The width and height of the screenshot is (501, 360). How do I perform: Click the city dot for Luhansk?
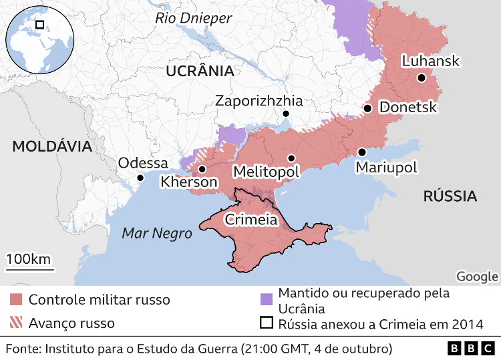(x=422, y=78)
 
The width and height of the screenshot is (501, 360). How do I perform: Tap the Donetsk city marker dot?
(x=367, y=108)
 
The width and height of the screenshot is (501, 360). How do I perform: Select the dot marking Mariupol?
(x=361, y=152)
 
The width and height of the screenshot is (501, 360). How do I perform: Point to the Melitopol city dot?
(x=291, y=158)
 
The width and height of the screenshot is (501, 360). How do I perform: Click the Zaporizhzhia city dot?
(x=285, y=115)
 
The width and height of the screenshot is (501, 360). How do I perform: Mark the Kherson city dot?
(x=202, y=169)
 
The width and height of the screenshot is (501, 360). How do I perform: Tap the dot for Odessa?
(x=140, y=178)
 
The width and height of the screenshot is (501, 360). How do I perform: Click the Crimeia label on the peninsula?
(x=251, y=219)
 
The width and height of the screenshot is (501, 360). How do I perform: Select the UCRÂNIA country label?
(x=200, y=71)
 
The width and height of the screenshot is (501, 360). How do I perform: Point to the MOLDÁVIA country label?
(x=51, y=146)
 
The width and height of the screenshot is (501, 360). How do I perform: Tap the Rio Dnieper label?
(x=193, y=18)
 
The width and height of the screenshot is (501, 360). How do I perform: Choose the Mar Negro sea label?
(x=156, y=233)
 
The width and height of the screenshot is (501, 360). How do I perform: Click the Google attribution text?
(x=477, y=277)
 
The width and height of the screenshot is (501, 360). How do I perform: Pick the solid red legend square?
(x=17, y=299)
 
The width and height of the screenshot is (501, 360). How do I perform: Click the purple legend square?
(x=267, y=298)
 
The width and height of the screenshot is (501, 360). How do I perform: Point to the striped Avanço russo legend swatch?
(x=17, y=323)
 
